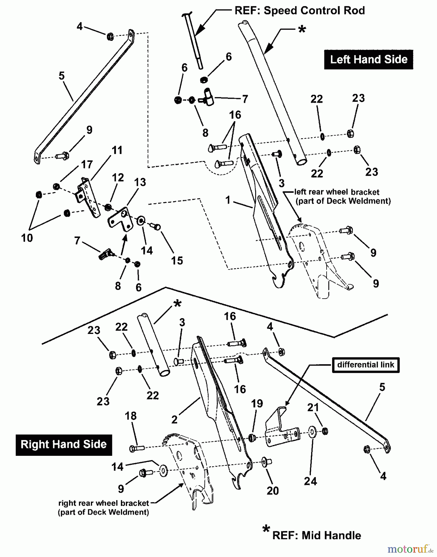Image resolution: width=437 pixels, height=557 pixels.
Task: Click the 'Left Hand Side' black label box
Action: [368, 59]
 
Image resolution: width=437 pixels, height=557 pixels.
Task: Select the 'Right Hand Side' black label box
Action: [64, 445]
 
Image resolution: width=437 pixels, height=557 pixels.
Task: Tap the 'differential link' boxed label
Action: [366, 365]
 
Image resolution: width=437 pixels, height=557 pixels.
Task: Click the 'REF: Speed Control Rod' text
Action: [299, 11]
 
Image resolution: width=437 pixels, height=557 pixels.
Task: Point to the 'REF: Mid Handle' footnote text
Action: [316, 535]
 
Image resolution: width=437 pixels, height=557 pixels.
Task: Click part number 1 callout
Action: [228, 200]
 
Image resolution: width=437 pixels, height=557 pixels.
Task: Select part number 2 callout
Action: [174, 419]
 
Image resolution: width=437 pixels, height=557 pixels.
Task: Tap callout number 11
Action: [117, 150]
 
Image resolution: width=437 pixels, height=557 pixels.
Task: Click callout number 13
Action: [140, 182]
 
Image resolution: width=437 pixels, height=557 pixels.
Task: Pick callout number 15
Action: [177, 261]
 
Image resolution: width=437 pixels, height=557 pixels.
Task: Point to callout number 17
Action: [87, 164]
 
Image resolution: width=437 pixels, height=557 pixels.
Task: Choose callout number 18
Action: [131, 416]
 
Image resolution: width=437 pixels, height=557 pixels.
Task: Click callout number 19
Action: [257, 404]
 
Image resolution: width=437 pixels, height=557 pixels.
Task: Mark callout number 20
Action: [272, 490]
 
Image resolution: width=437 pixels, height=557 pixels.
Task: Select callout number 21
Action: [313, 408]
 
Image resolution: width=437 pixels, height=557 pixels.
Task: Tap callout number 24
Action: [310, 481]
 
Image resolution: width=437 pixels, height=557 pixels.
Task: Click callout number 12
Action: [118, 177]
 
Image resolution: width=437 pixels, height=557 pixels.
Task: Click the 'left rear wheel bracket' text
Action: [336, 192]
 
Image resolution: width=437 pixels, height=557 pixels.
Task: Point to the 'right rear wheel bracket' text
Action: [104, 503]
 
